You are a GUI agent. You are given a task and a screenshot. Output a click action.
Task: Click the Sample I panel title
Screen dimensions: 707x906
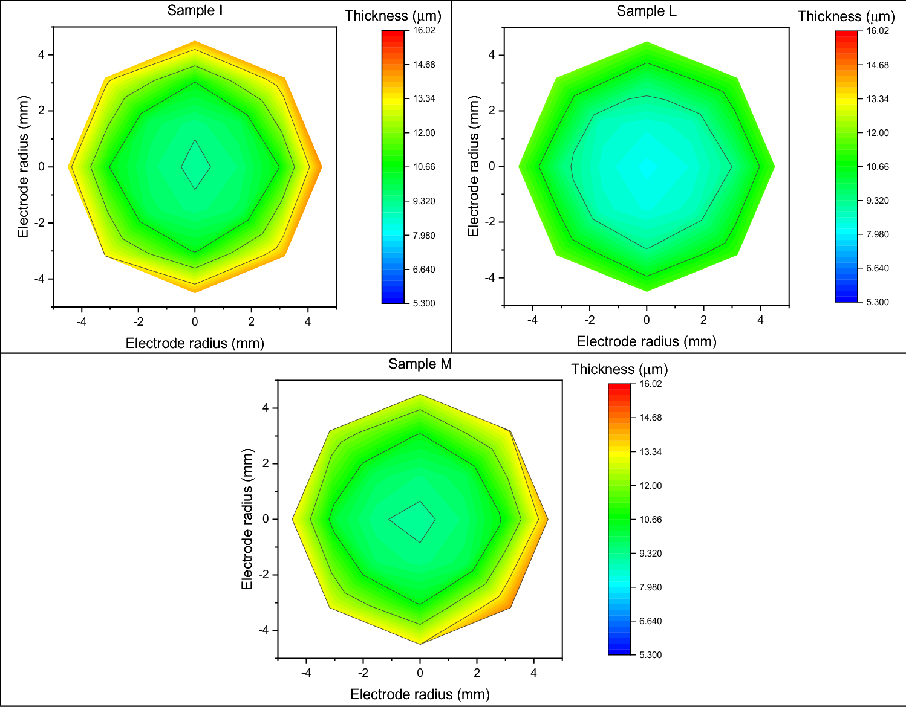pos(195,11)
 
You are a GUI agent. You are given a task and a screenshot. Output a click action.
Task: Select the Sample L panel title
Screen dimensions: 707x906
pos(646,11)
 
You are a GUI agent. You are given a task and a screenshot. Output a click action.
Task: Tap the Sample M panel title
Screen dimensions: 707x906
pos(420,364)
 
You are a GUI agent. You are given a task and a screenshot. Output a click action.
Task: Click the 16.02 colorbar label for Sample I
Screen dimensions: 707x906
pos(424,30)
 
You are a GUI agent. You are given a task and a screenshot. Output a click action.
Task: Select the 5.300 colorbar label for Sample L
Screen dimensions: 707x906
pos(877,302)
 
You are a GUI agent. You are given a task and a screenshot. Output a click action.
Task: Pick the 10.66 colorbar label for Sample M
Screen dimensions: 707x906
pos(651,520)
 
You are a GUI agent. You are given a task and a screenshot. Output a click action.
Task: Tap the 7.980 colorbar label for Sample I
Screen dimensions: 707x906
pos(424,236)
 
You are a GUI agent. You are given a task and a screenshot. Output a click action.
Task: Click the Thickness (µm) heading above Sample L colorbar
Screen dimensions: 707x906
pos(846,16)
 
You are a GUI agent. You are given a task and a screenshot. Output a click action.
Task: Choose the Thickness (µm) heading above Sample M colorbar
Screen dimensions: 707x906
pos(619,369)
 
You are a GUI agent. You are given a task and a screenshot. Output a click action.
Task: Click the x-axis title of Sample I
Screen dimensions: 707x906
pos(195,343)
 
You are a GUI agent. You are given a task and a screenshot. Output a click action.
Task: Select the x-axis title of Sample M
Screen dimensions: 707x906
pos(420,694)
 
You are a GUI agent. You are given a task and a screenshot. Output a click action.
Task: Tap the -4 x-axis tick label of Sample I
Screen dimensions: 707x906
pos(82,322)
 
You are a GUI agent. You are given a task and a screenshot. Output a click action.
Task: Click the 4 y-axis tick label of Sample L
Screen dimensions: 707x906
pos(492,55)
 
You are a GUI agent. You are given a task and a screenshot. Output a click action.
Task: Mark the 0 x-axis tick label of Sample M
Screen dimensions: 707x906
pos(420,673)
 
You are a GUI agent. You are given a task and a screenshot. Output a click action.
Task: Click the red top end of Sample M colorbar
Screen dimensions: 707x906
pos(619,388)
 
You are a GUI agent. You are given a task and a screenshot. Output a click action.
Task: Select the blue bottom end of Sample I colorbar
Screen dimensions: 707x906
pos(393,299)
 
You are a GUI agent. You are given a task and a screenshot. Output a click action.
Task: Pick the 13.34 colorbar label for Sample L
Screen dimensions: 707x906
pos(877,99)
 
